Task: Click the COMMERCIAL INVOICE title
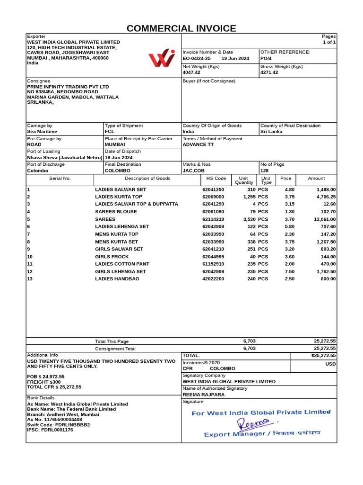(x=181, y=28)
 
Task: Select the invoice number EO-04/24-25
(x=197, y=59)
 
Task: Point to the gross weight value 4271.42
(x=269, y=72)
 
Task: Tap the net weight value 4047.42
(x=191, y=72)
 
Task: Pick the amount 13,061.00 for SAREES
(x=325, y=219)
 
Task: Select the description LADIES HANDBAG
(x=117, y=279)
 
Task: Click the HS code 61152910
(x=214, y=264)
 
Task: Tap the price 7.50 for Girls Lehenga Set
(x=289, y=271)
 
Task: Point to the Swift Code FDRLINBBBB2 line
(x=58, y=425)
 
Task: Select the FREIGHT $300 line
(x=44, y=382)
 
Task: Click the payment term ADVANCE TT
(x=199, y=144)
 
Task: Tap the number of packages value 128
(x=264, y=170)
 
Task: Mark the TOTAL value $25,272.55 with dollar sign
(x=323, y=355)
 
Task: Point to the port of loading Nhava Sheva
(x=64, y=157)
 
